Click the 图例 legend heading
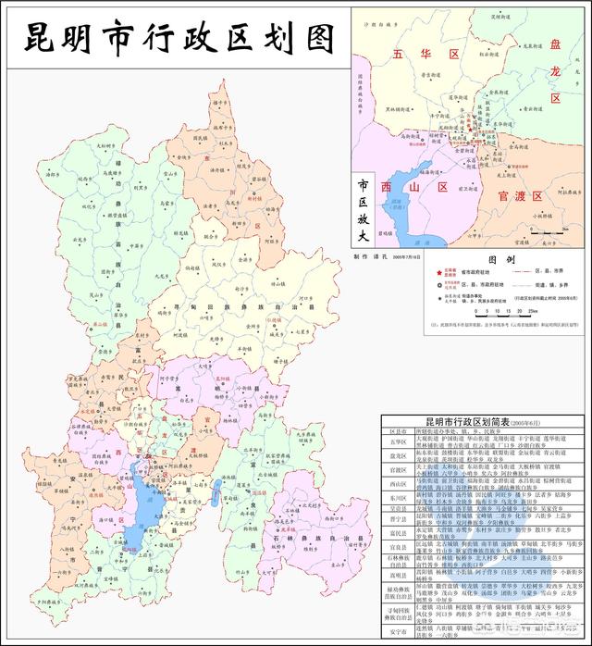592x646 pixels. (475, 261)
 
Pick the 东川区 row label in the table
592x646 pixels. (398, 493)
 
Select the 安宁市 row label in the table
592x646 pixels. (398, 635)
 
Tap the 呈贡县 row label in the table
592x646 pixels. (398, 507)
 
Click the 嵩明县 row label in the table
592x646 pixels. (398, 574)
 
